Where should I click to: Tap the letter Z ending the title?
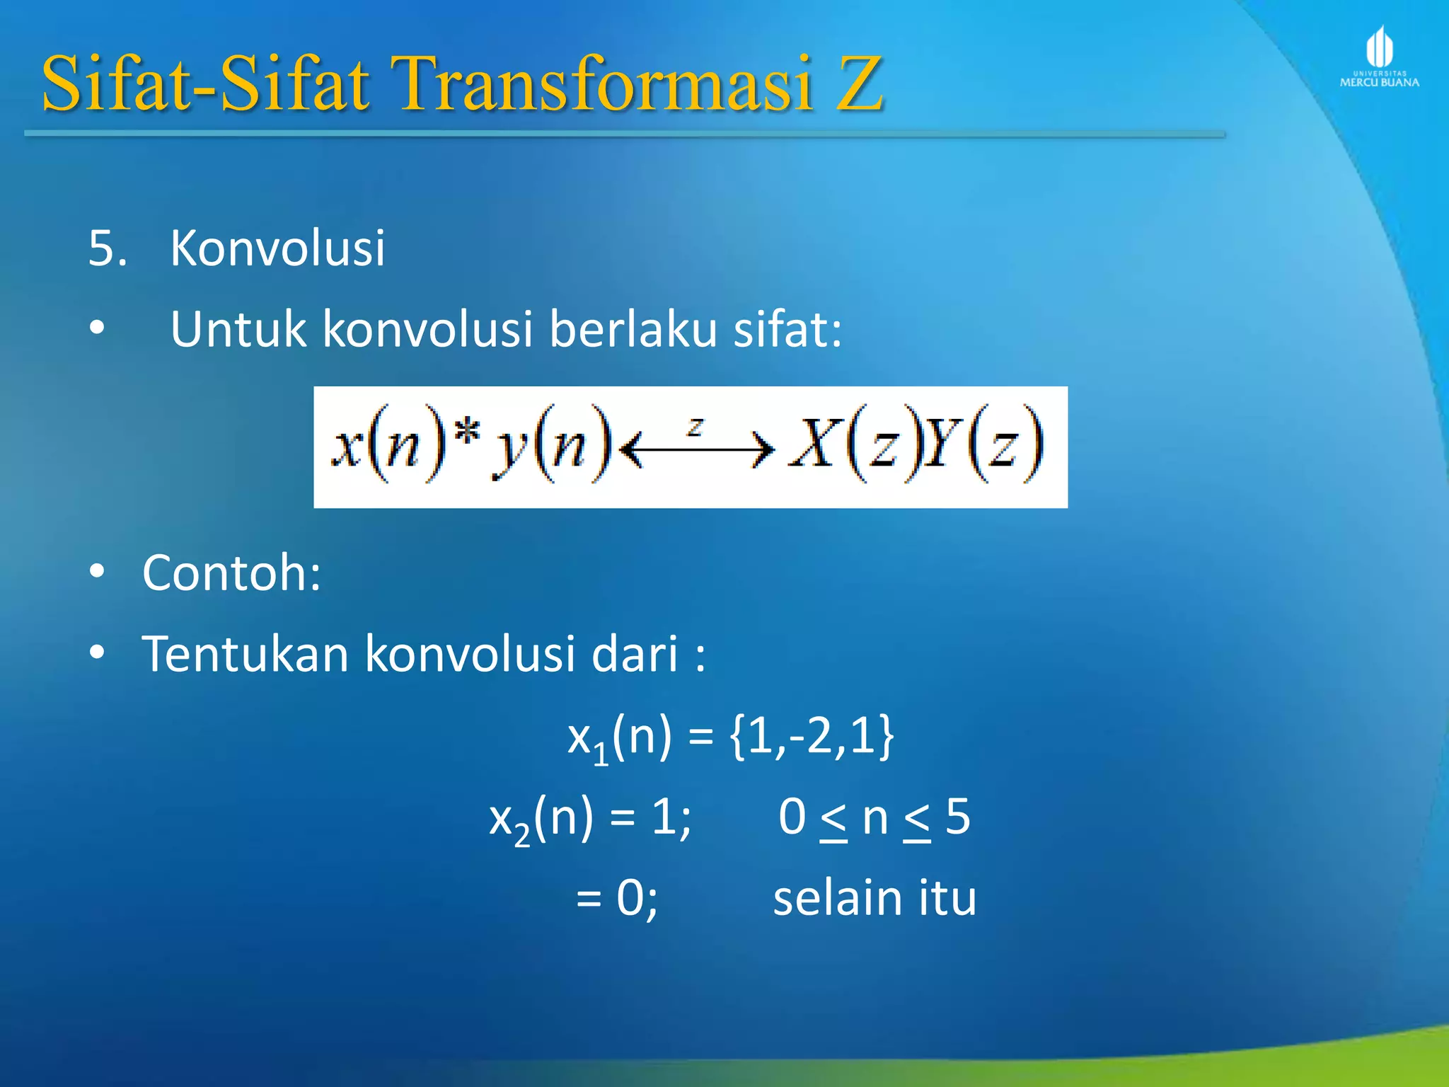click(859, 85)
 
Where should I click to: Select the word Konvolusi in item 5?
click(277, 248)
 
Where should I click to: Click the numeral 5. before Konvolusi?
click(107, 248)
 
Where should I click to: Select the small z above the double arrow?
click(695, 425)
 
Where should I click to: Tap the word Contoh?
click(231, 573)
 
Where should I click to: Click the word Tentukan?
click(245, 653)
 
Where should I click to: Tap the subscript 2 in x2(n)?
click(521, 836)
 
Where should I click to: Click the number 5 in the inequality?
click(957, 817)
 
